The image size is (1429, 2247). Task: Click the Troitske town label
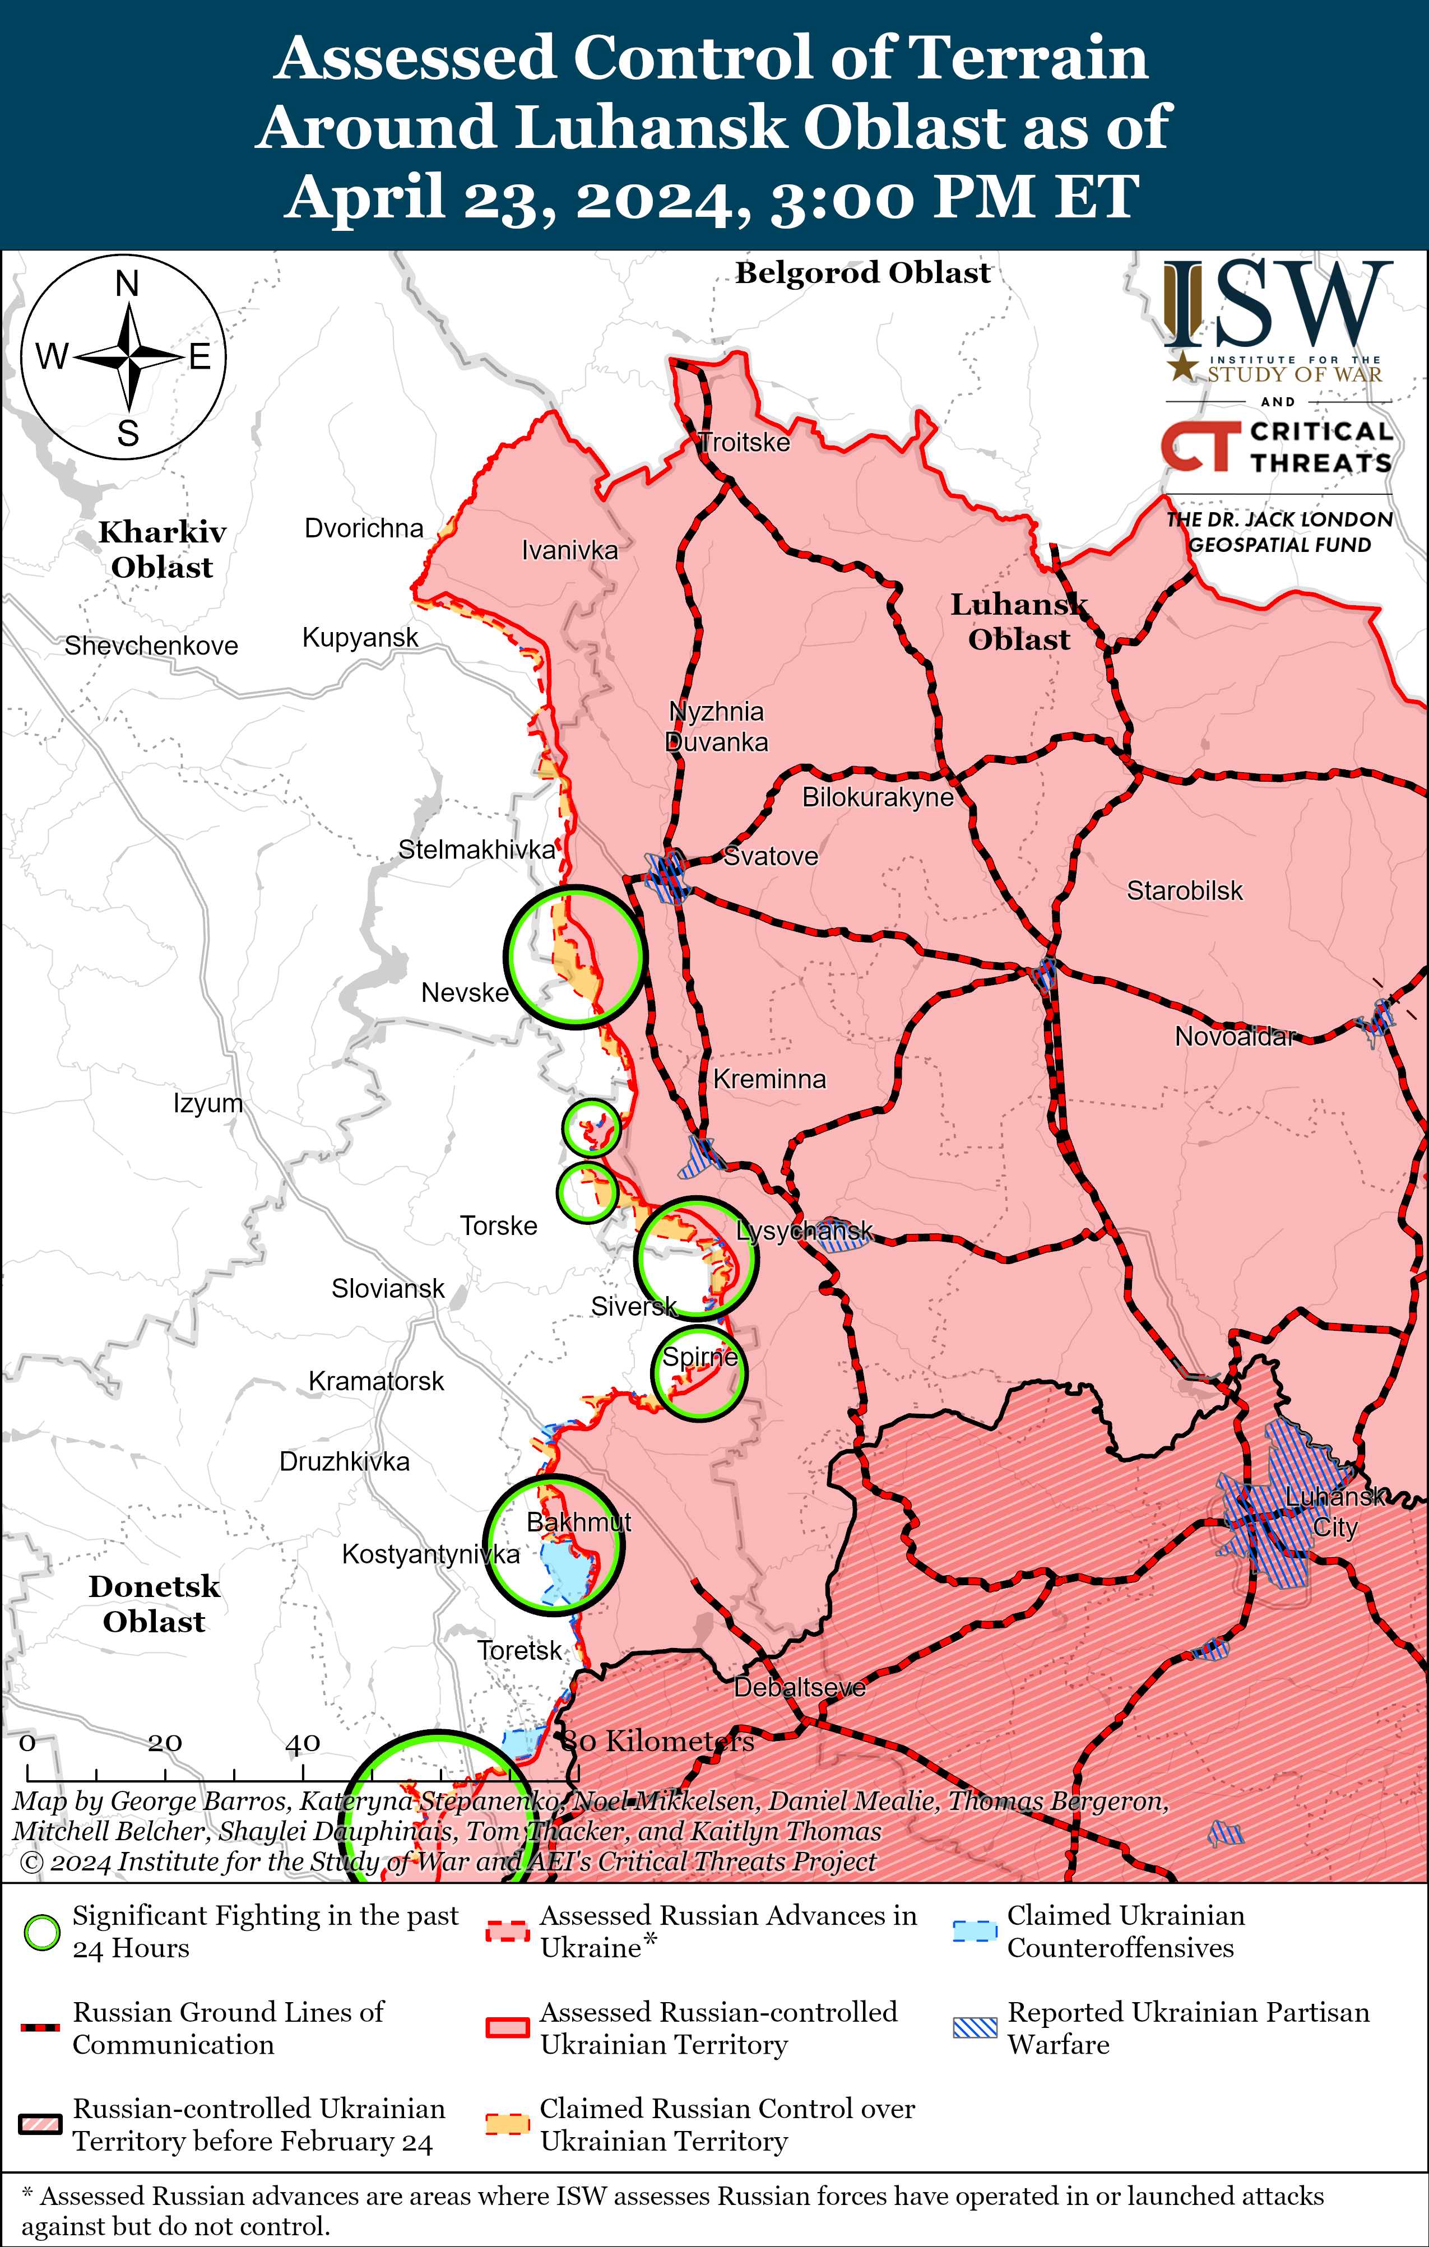pos(745,442)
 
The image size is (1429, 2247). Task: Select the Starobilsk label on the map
pos(1185,891)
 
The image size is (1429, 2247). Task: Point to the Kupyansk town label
pos(360,637)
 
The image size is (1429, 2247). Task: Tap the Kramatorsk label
pos(376,1381)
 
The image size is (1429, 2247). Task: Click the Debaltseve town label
pos(800,1687)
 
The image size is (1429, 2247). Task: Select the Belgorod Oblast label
pos(862,272)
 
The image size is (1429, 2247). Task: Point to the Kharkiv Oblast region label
pos(163,550)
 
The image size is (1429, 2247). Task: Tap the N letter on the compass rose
pos(127,284)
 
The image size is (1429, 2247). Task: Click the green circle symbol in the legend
pos(42,1933)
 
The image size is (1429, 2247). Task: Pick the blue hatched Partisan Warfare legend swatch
pos(975,2028)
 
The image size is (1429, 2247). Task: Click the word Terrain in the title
pos(1028,58)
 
